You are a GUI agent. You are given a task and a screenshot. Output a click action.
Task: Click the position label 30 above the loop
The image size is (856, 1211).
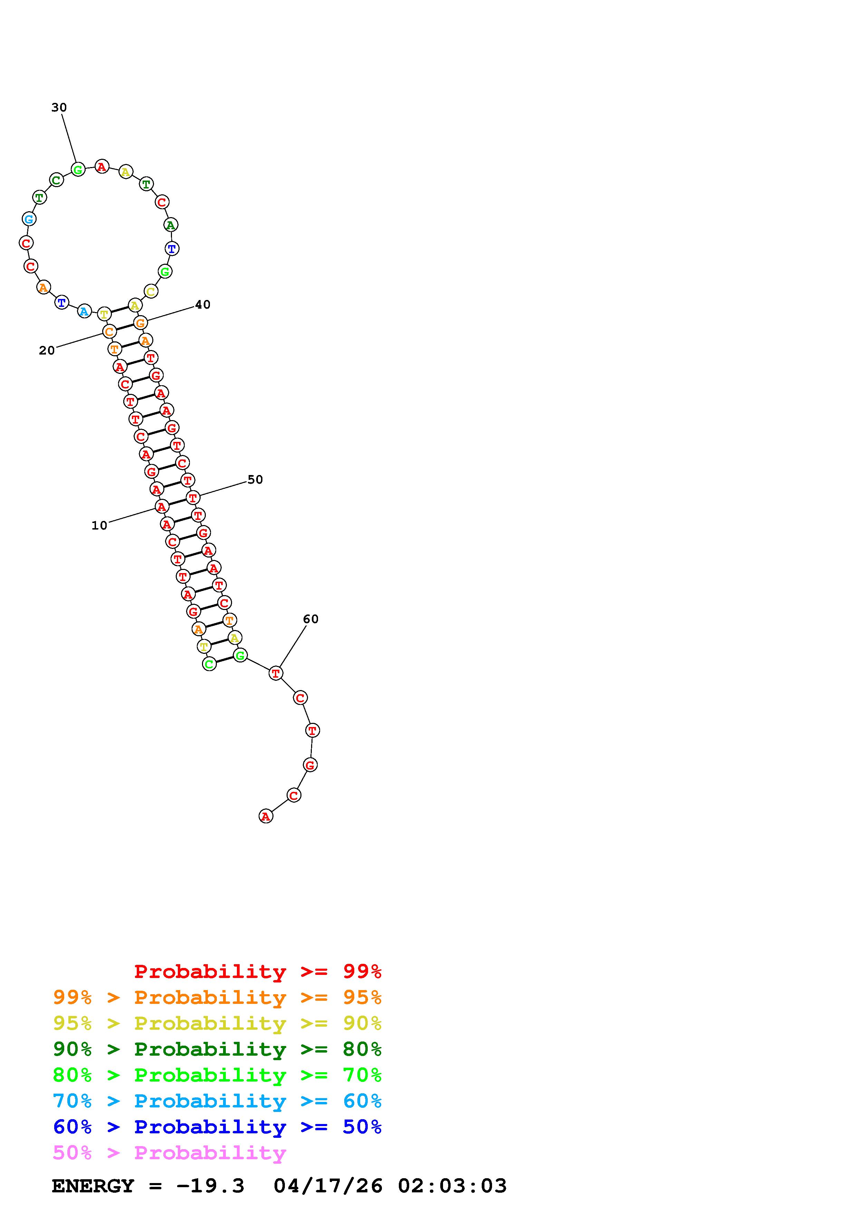59,108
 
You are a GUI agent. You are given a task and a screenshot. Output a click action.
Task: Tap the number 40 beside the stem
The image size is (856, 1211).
203,305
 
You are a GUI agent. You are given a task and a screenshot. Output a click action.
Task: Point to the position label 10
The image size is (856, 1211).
99,526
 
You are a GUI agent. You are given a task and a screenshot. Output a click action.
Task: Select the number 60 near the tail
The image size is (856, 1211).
311,619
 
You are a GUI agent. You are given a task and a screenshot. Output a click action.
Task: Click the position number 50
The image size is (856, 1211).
255,480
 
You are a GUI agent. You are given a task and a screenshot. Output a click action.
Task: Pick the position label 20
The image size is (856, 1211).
47,351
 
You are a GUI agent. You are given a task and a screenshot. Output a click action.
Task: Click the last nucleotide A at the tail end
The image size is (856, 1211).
266,816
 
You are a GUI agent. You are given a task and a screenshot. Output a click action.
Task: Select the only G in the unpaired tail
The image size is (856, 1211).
310,765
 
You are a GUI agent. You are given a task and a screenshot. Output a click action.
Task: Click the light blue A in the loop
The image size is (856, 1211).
84,311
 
